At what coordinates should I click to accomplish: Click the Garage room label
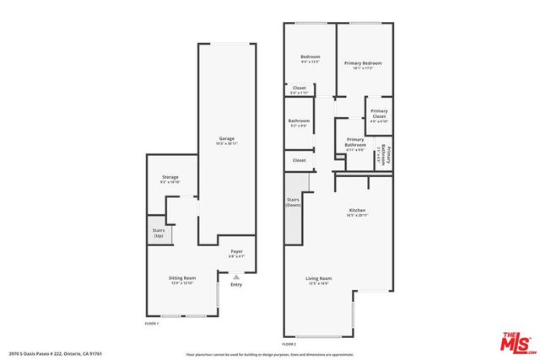coord(227,138)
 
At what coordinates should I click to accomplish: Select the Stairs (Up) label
coord(159,233)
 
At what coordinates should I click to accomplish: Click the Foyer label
coord(237,251)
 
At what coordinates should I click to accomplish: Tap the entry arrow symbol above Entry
coord(236,276)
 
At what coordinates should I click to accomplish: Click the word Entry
coord(236,284)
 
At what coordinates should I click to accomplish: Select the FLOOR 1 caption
coord(153,324)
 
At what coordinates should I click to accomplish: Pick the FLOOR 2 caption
coord(289,344)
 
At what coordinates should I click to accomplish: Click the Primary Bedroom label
coord(363,63)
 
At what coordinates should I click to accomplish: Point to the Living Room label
coord(319,278)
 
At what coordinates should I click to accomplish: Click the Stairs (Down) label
coord(294,202)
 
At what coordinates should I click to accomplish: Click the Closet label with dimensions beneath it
coord(300,88)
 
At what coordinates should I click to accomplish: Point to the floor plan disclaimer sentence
coord(270,353)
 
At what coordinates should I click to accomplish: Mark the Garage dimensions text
coord(227,144)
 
